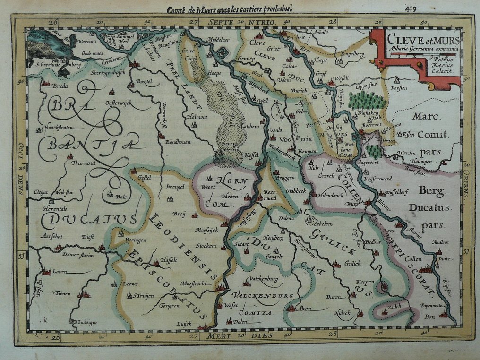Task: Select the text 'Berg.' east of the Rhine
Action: (x=431, y=192)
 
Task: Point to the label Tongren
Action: (x=170, y=305)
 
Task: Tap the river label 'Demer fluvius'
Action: (x=78, y=255)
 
